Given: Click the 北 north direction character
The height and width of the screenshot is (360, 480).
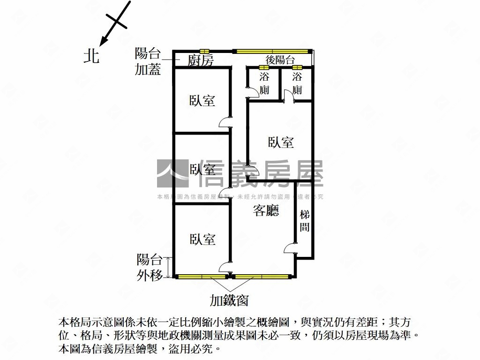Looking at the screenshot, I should [91, 56].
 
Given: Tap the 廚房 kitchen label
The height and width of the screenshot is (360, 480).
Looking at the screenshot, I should [201, 60].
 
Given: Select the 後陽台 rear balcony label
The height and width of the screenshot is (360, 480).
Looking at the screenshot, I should [280, 60].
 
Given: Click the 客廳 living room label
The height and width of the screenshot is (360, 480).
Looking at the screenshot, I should [266, 211].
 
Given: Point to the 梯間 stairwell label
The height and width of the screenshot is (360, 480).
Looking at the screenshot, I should [305, 221].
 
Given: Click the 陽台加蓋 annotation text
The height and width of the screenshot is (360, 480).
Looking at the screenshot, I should [148, 61].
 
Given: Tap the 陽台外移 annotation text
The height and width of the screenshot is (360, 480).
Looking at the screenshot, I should [150, 267].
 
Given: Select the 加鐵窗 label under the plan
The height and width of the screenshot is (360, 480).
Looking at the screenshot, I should [229, 300].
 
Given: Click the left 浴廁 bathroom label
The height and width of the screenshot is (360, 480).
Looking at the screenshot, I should [264, 83].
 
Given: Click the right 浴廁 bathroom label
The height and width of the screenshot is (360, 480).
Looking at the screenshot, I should [297, 83].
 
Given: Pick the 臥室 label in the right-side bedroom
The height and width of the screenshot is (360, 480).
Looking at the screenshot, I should [281, 142].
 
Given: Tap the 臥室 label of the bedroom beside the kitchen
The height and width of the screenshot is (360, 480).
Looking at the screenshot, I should [202, 100].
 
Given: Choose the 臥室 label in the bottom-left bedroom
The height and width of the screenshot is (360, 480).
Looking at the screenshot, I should [202, 240].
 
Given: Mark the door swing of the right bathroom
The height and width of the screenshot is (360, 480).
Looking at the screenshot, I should [288, 96].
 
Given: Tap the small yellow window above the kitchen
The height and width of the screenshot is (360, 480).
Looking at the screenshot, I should [204, 51].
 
